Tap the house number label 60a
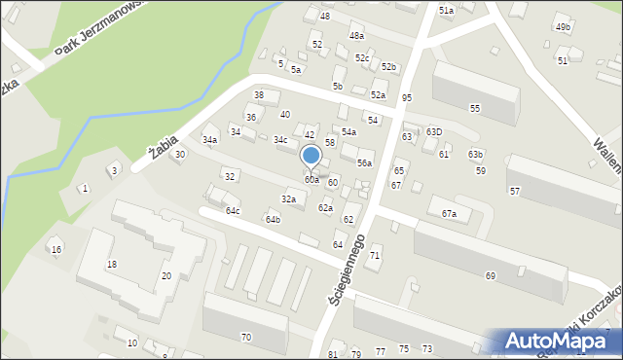pyautogui.click(x=311, y=180)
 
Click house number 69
pyautogui.click(x=491, y=276)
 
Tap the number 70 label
pyautogui.click(x=246, y=337)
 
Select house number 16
pyautogui.click(x=56, y=250)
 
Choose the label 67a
pyautogui.click(x=449, y=213)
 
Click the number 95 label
pyautogui.click(x=406, y=98)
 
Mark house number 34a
pyautogui.click(x=209, y=140)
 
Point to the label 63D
pyautogui.click(x=434, y=132)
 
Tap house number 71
pyautogui.click(x=375, y=255)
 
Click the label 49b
pyautogui.click(x=563, y=27)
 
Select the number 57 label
pyautogui.click(x=514, y=191)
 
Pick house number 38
pyautogui.click(x=259, y=95)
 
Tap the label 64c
pyautogui.click(x=233, y=210)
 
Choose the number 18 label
pyautogui.click(x=112, y=265)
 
